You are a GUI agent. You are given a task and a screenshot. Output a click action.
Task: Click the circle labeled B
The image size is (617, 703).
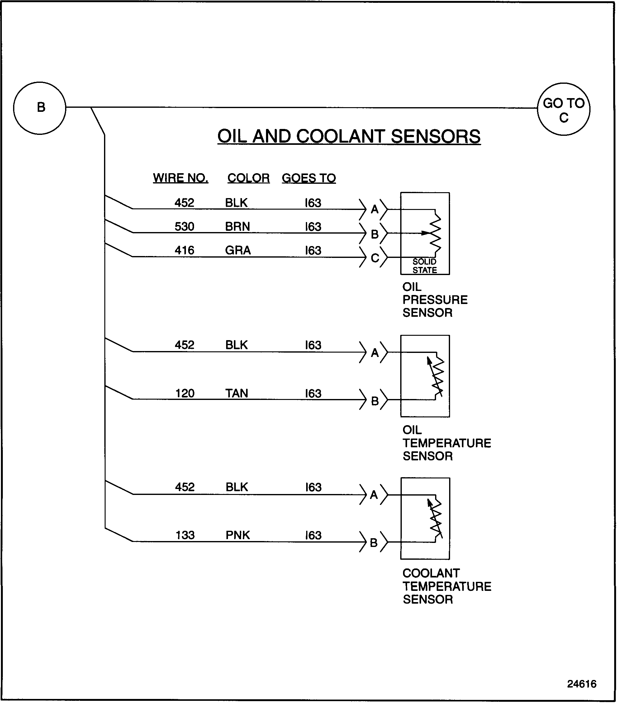pos(40,108)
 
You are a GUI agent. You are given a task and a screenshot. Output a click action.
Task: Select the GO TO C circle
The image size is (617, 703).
pos(563,109)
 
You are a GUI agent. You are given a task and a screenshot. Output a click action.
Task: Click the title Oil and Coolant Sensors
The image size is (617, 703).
pos(349,136)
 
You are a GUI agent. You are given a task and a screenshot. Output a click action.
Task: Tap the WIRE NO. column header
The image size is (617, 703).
pos(181,178)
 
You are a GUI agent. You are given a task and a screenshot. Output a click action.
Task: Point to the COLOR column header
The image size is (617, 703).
pos(248,178)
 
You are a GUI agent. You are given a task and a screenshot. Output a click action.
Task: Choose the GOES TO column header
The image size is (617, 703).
pos(308,178)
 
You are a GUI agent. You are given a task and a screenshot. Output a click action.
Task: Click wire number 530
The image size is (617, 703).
pos(184,226)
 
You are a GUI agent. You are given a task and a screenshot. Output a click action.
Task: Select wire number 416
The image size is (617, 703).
pos(184,250)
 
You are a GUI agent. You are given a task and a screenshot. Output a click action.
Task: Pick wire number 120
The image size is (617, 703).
pos(185,393)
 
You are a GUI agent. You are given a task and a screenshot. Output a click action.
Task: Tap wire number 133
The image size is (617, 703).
pos(185,535)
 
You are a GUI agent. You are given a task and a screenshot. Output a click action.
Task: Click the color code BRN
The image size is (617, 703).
pos(237,226)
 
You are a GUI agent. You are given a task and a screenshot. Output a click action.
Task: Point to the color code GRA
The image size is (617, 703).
pos(238,250)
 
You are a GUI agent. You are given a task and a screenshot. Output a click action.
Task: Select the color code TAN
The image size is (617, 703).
pos(237,393)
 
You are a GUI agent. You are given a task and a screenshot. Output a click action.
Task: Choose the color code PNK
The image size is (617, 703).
pos(238,535)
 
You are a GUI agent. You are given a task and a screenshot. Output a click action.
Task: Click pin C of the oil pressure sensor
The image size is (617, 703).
pos(375,258)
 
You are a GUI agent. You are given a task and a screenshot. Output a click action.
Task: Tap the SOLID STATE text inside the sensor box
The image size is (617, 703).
pos(425,266)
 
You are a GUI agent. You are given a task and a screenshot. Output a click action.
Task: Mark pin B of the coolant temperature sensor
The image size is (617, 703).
pos(373,543)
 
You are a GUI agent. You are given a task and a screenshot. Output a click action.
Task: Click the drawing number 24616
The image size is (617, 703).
pos(581,684)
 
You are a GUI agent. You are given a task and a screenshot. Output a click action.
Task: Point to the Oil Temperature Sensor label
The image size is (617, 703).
pos(446,443)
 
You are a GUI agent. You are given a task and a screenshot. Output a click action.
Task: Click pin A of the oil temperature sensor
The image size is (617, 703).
pos(375,353)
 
